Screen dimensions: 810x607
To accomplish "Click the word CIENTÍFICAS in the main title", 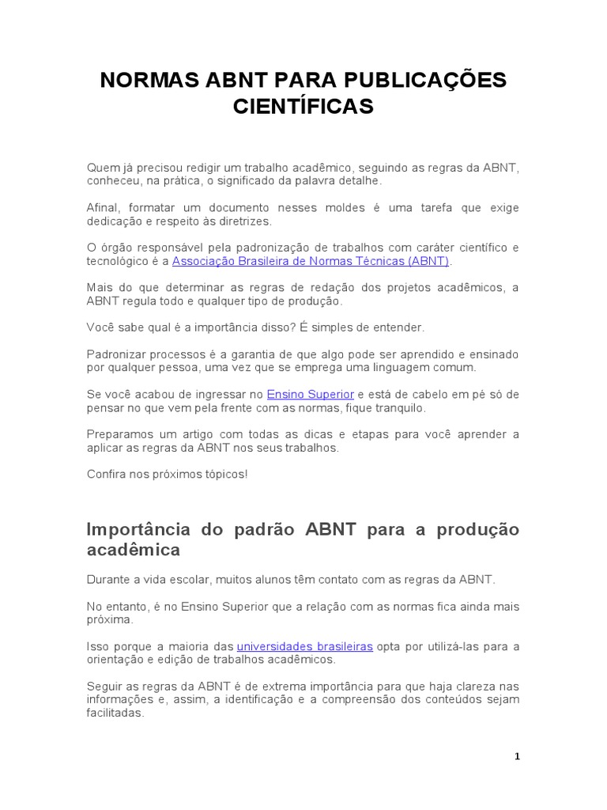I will click(x=303, y=107).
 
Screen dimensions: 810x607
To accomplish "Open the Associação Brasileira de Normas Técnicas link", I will click(x=311, y=260).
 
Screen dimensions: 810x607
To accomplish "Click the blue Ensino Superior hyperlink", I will click(x=311, y=394).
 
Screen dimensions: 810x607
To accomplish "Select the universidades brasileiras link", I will click(x=304, y=646).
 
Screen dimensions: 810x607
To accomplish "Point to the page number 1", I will click(x=517, y=756).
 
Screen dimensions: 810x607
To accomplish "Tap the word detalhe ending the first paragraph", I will click(x=359, y=180).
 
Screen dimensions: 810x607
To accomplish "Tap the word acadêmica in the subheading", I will click(x=133, y=549).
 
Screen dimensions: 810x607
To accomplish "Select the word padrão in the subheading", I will click(x=262, y=529).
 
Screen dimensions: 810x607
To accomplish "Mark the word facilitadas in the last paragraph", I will click(x=115, y=713).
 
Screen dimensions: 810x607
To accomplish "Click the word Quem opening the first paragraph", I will click(x=101, y=167).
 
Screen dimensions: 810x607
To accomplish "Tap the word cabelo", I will click(x=442, y=394).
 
